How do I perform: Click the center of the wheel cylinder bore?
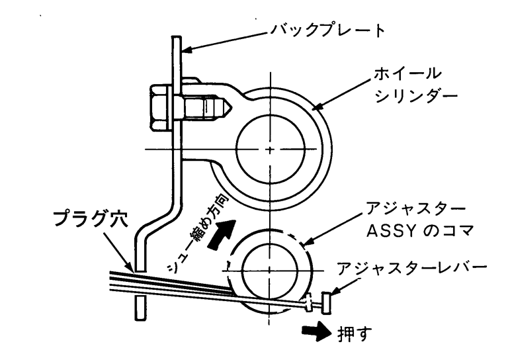pyautogui.click(x=270, y=150)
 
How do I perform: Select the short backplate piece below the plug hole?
pyautogui.click(x=139, y=308)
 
